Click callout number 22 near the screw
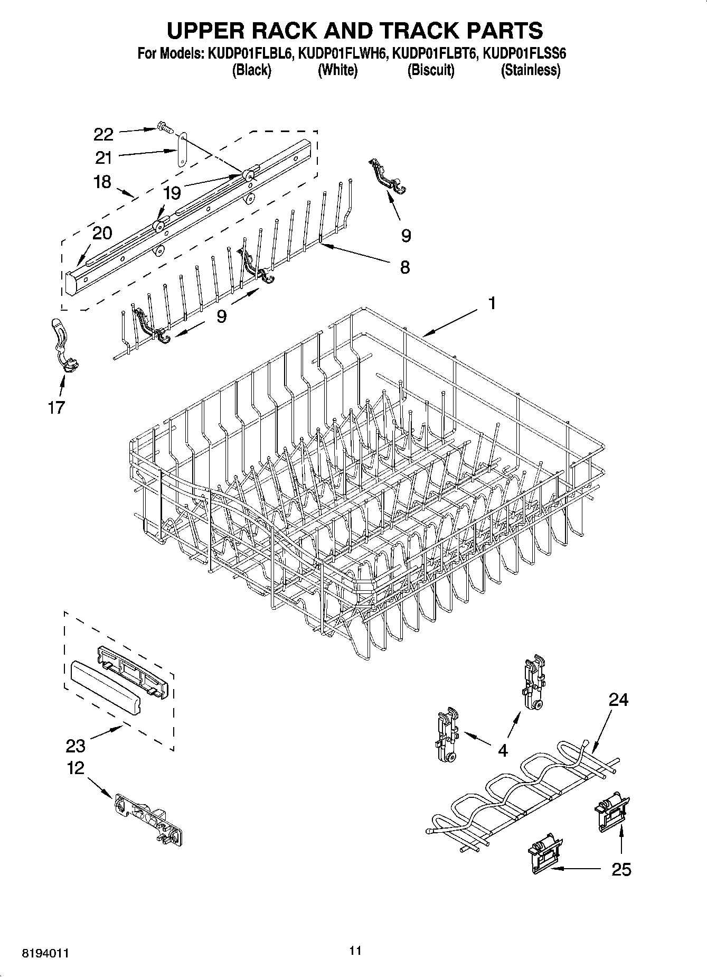point(103,134)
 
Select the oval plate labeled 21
point(182,150)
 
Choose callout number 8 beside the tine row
point(404,267)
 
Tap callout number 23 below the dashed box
point(76,746)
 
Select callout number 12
point(76,768)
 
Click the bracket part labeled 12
point(149,820)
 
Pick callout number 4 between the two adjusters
point(503,750)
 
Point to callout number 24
point(619,700)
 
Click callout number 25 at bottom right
point(621,870)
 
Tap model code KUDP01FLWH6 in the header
point(342,53)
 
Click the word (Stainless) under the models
point(530,70)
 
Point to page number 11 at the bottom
point(355,951)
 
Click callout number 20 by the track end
point(102,232)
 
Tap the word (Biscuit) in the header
point(430,70)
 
